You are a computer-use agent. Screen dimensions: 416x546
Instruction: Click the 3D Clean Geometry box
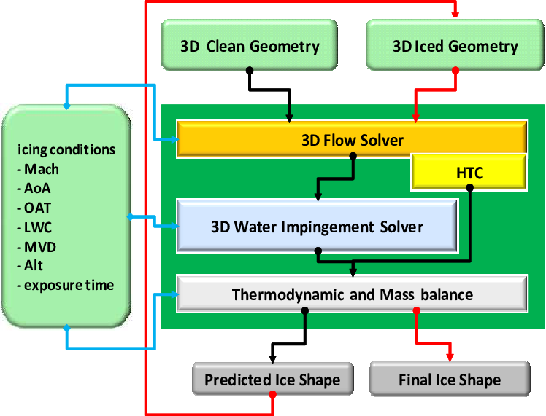250,46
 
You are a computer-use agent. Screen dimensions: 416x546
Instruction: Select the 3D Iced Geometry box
455,46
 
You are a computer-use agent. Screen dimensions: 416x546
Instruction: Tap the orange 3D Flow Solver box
352,138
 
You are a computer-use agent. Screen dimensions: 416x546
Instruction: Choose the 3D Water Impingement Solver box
317,226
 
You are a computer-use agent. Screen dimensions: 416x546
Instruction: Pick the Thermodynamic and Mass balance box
352,294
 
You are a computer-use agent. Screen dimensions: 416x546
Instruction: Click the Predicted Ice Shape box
272,380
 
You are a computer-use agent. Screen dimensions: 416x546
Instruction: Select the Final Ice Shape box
449,380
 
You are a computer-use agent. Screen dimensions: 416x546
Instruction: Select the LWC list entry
39,227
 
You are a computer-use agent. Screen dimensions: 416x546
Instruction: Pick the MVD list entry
40,246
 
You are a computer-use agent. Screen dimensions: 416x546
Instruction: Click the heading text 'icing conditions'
66,149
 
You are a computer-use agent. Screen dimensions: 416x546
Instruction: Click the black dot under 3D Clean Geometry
250,71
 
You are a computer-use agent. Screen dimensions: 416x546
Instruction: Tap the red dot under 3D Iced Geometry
455,71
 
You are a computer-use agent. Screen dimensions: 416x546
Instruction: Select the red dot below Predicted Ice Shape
272,395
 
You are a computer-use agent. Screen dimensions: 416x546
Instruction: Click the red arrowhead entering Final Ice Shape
450,357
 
